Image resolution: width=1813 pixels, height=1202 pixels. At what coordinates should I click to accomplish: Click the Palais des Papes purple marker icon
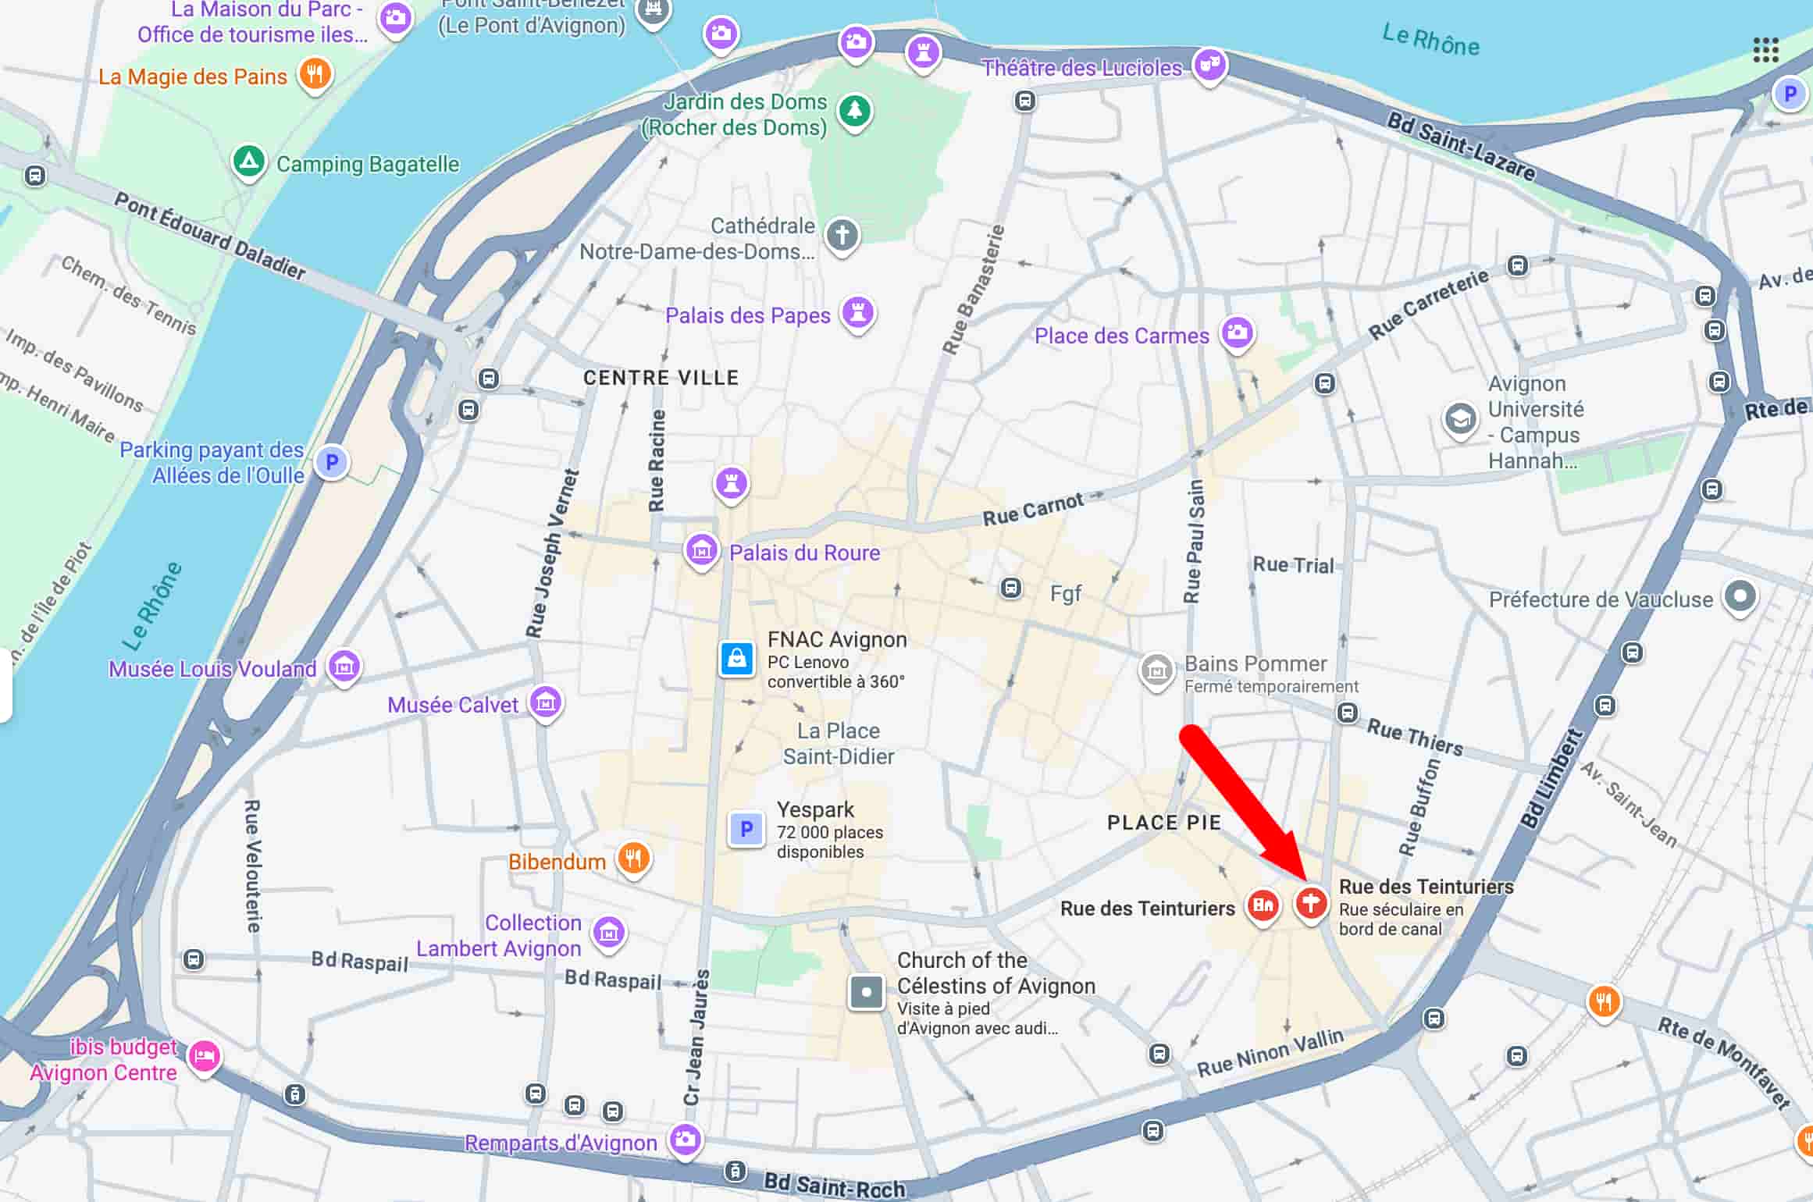point(858,313)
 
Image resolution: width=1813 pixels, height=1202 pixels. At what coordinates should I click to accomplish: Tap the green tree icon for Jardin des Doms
point(855,111)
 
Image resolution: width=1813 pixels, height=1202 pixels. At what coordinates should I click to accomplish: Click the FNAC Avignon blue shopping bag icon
point(736,660)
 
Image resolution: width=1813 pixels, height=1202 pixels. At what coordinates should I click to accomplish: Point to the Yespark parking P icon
point(746,828)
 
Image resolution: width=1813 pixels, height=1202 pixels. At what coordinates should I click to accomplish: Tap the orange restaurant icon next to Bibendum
point(633,859)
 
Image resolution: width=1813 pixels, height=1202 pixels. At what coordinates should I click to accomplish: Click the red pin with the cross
point(1311,904)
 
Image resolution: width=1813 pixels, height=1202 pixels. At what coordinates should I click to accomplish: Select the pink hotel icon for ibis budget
point(205,1057)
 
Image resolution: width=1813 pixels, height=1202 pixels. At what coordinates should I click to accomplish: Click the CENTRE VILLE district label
point(661,378)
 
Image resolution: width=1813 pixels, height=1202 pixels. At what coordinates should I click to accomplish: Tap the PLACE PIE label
point(1163,823)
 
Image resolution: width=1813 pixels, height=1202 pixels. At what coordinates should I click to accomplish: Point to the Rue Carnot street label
point(1032,510)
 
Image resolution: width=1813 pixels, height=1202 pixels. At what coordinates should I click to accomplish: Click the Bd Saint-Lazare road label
point(1460,146)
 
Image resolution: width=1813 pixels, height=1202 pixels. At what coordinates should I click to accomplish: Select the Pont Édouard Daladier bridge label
point(209,236)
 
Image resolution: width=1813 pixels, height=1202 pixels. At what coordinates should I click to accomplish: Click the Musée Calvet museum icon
point(546,702)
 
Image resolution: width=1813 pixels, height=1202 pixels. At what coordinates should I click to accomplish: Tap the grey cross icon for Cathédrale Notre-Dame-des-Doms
point(842,234)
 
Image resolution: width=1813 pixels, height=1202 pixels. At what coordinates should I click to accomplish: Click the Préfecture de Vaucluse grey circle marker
point(1740,597)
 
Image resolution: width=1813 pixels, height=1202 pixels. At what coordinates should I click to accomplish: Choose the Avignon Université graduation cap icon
point(1459,420)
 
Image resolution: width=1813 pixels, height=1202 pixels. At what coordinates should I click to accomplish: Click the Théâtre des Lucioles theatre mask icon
point(1209,65)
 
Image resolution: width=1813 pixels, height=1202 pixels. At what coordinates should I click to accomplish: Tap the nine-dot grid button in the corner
point(1765,50)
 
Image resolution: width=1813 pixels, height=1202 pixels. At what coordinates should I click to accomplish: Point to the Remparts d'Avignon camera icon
point(686,1140)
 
